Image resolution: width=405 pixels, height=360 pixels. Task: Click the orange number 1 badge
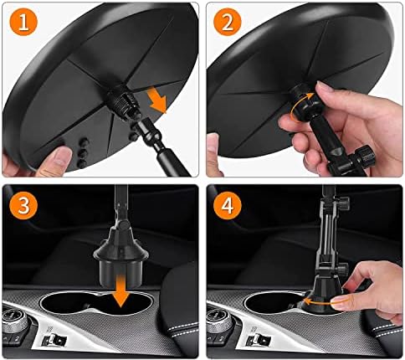point(23,23)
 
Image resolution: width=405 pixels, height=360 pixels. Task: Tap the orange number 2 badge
point(228,22)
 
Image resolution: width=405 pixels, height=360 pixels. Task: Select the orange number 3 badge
point(23,206)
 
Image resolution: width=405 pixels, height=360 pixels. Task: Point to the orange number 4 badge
point(228,206)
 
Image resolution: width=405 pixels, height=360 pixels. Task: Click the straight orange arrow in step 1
point(156,100)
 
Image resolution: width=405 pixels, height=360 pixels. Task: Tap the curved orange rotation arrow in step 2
point(300,107)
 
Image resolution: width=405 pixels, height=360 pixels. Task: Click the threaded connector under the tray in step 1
point(124,102)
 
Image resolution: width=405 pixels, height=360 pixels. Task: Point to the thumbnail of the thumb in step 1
point(63,156)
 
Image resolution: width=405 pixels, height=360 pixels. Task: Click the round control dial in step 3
point(14,321)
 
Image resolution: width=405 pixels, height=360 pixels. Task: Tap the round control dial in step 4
point(219,321)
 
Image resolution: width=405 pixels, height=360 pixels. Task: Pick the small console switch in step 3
point(54,340)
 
